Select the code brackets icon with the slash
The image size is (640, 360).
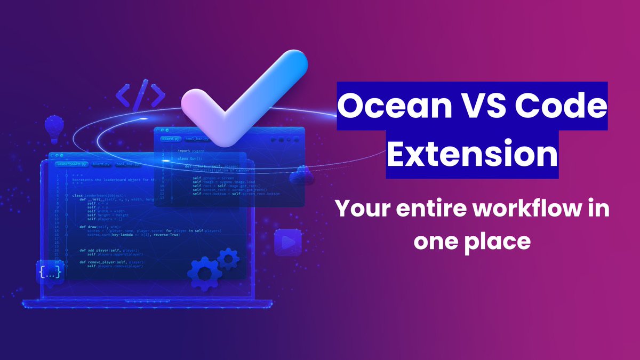140,95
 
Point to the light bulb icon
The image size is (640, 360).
54,129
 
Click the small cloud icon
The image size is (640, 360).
301,174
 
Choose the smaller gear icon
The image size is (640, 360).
229,258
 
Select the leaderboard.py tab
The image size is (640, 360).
71,164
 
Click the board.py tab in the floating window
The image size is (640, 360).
171,139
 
